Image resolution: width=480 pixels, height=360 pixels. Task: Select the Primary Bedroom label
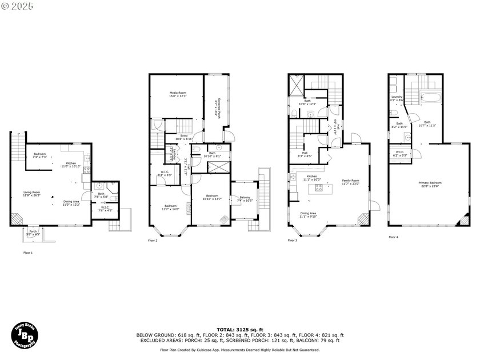click(431, 182)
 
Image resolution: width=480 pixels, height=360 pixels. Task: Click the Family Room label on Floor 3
click(351, 181)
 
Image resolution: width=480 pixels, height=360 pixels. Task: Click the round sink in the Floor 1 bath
click(99, 186)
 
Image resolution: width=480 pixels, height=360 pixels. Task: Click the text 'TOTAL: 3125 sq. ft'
click(239, 330)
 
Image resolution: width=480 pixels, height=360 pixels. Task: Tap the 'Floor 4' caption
click(394, 237)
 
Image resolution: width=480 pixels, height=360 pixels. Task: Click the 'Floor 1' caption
click(28, 252)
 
